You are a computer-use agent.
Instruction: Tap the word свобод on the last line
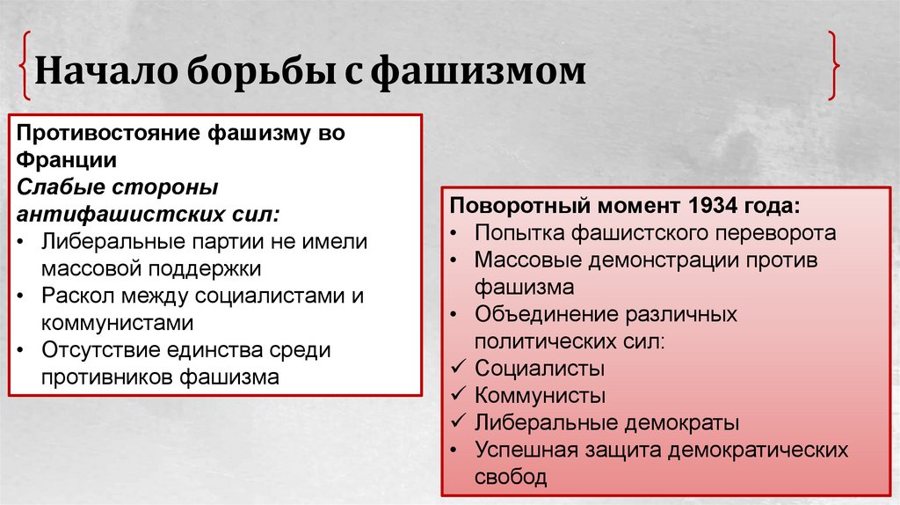pos(511,477)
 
